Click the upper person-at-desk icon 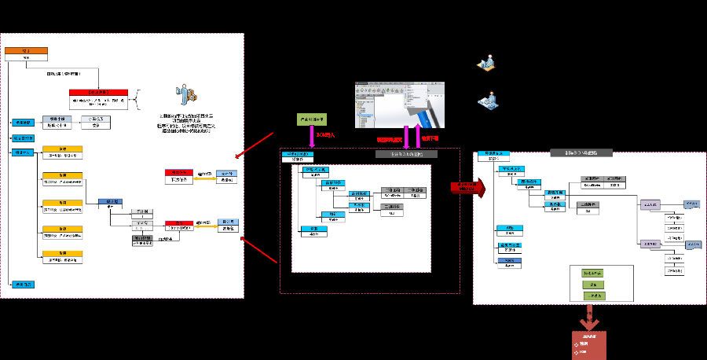tap(486, 64)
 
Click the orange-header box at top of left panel tap(27, 53)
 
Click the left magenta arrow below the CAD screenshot tap(405, 131)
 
